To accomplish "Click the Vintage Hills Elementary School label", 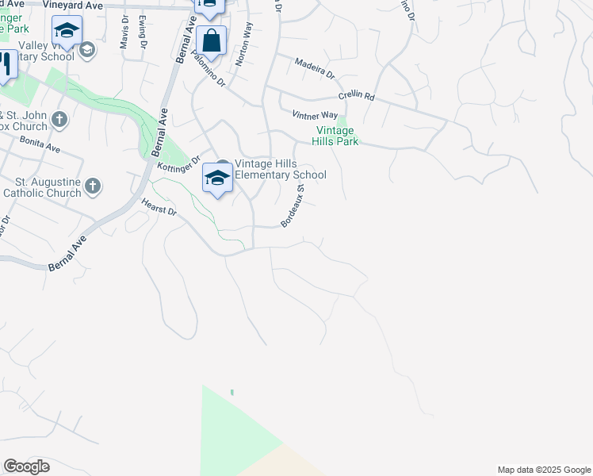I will [x=280, y=169].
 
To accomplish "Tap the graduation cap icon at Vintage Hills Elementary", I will [x=216, y=178].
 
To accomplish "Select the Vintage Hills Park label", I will [x=338, y=136].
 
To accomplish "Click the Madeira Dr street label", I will [x=315, y=69].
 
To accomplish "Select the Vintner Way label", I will [x=315, y=115].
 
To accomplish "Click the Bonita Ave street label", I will [x=41, y=148].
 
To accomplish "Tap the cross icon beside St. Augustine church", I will [x=93, y=186].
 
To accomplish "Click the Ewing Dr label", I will [x=143, y=31].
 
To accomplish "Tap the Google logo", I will [x=26, y=466].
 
